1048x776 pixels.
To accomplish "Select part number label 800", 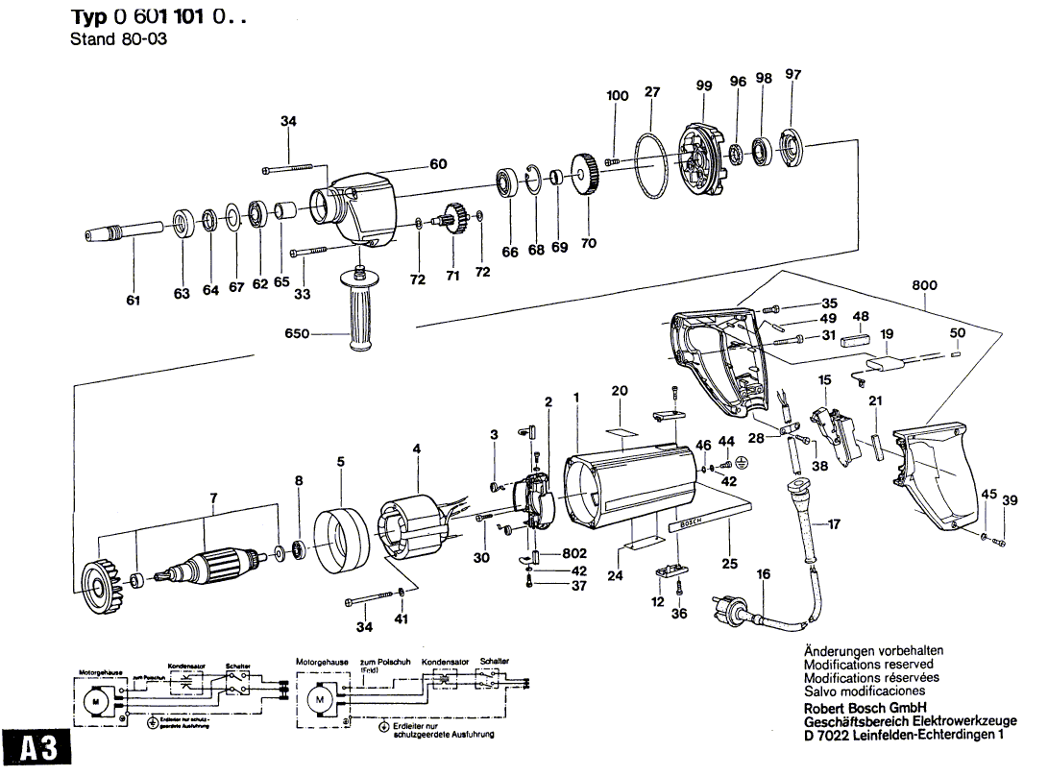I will click(x=926, y=285).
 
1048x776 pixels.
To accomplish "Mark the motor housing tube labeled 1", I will click(x=624, y=491).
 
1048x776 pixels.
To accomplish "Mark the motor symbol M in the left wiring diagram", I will click(x=96, y=701).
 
